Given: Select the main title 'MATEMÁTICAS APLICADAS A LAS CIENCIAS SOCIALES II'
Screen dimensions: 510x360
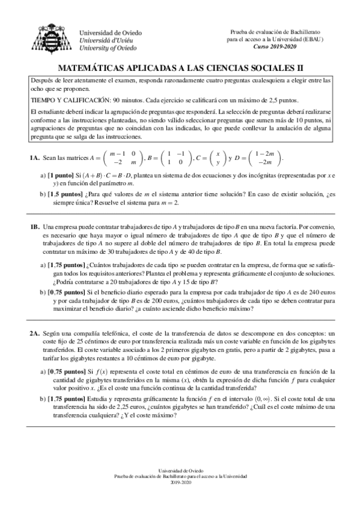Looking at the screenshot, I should coord(180,69).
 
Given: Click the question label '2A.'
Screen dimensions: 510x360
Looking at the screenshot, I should coord(34,333).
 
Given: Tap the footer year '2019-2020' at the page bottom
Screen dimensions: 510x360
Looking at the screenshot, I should coord(180,482).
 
